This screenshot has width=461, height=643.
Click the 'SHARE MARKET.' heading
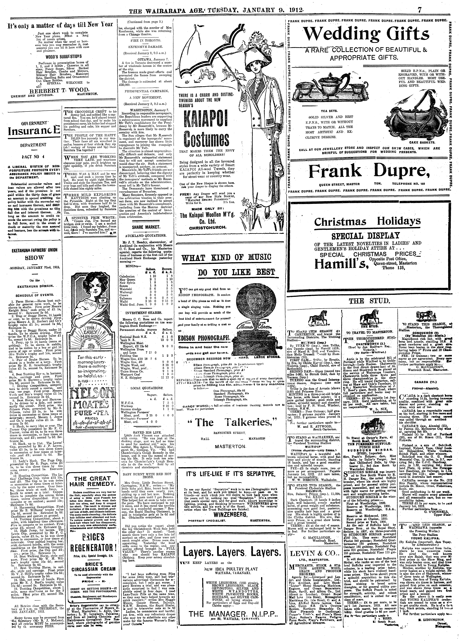[146, 227]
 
